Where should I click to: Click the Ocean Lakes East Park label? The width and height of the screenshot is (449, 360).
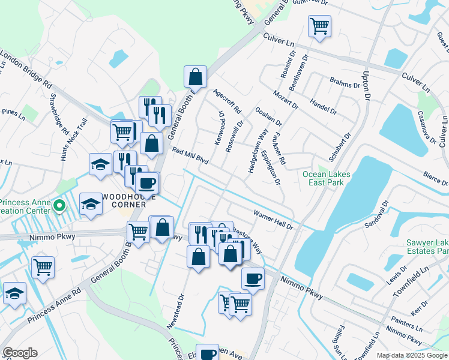click(x=326, y=178)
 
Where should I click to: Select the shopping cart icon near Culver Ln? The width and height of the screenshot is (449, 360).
click(x=319, y=26)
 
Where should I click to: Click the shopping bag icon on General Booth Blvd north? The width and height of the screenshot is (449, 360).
click(x=195, y=77)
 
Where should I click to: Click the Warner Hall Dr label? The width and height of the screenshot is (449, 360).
click(x=273, y=220)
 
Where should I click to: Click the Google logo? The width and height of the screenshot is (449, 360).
click(x=20, y=353)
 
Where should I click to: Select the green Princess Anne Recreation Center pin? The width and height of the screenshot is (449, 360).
click(x=59, y=207)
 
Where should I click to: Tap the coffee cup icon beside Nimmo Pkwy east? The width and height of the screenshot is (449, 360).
click(x=253, y=278)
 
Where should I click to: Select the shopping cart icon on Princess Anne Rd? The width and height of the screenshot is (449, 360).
click(x=43, y=267)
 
